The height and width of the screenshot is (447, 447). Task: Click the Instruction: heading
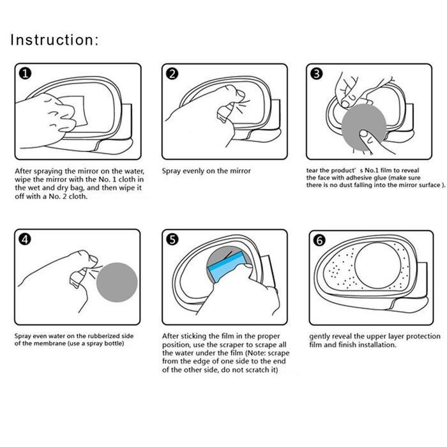[x=54, y=40]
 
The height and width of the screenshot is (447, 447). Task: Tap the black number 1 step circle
[x=25, y=74]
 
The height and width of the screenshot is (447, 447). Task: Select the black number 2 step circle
[x=172, y=74]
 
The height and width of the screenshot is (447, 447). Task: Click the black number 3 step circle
[x=317, y=74]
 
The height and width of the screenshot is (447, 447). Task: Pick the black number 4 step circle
[x=25, y=239]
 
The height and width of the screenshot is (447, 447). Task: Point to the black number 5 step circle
[x=172, y=239]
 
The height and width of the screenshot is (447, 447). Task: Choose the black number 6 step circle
[x=319, y=240]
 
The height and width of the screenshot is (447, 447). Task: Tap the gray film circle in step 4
[x=117, y=282]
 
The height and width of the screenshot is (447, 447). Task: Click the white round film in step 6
[x=378, y=266]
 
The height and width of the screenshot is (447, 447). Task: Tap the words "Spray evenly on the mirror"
[x=206, y=171]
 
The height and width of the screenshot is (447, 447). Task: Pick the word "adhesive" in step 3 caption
[x=358, y=178]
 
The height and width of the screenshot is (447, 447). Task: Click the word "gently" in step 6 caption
[x=320, y=337]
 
